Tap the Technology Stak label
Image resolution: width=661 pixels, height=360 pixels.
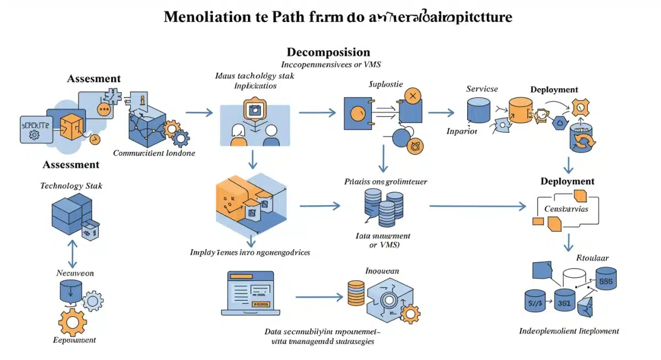[x=71, y=186]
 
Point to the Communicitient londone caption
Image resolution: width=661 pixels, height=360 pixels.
[x=154, y=153]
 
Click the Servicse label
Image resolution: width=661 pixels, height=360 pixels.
[x=481, y=89]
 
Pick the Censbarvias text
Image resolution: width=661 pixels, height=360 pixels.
[x=566, y=209]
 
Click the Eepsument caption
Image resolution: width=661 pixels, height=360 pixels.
[x=74, y=340]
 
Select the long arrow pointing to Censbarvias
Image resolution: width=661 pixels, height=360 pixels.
[x=477, y=206]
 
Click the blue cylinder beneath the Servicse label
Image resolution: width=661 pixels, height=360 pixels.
[x=478, y=110]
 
